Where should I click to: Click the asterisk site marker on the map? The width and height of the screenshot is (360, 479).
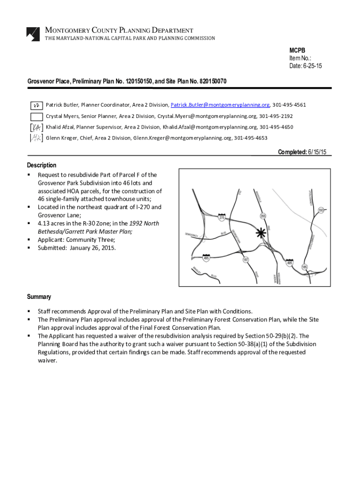261,233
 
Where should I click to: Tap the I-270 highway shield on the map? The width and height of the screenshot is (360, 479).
222,217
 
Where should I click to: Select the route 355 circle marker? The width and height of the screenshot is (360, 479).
263,216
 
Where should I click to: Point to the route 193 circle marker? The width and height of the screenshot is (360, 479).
321,210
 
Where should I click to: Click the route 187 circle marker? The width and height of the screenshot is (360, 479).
246,260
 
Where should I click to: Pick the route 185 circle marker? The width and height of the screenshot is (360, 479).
304,267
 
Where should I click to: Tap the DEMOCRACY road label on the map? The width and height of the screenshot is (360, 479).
191,234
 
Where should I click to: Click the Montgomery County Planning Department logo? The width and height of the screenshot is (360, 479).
33,34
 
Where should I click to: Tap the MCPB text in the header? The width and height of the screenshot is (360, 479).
297,51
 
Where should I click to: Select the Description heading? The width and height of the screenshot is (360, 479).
42,165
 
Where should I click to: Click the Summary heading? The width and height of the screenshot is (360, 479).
39,297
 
